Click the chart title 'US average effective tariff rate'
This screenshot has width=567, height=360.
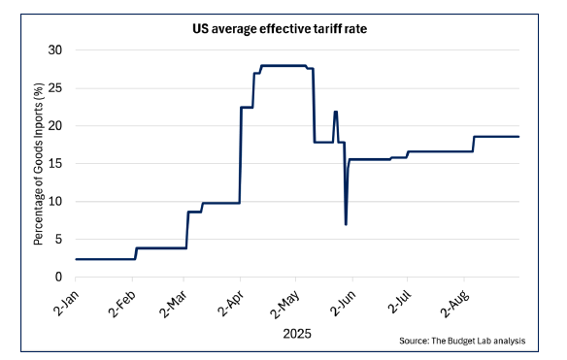(x=281, y=30)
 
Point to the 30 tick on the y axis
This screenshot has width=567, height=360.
(x=55, y=49)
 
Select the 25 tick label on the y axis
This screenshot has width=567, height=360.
(x=55, y=87)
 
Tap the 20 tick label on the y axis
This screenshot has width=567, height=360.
(x=55, y=125)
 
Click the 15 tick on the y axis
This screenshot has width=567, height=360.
(x=55, y=163)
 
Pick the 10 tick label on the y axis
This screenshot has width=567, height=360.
(x=55, y=202)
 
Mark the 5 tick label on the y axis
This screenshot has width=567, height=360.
(x=58, y=240)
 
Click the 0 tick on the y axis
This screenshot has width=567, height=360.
(x=58, y=278)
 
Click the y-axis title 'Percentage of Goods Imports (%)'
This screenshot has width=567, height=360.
(x=38, y=163)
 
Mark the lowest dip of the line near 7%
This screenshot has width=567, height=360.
(x=346, y=224)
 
